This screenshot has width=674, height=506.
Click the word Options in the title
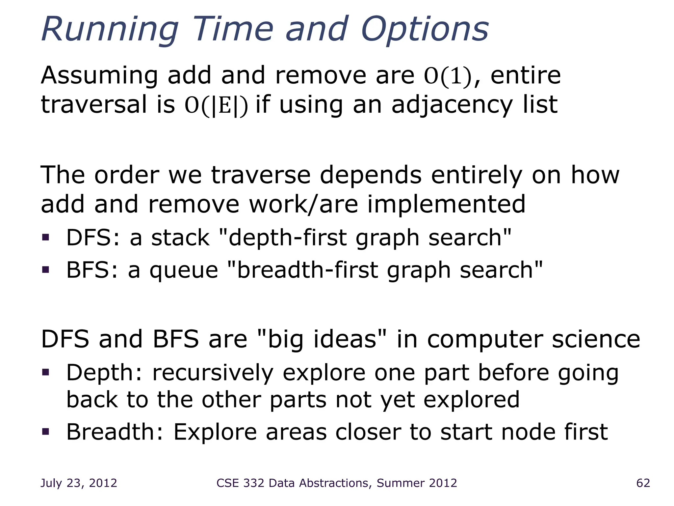pos(425,30)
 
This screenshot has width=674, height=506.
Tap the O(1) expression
pos(448,76)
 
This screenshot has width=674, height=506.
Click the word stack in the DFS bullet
pos(180,238)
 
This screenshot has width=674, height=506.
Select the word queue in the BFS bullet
pos(184,270)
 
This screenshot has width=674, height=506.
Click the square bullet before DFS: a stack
pos(45,237)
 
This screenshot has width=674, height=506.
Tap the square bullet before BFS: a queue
pos(45,270)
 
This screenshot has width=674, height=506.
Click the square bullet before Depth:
pos(45,372)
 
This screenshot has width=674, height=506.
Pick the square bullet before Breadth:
pos(45,431)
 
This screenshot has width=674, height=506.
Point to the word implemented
pos(446,204)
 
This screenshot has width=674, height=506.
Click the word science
pos(596,339)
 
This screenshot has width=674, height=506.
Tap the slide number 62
pos(643,483)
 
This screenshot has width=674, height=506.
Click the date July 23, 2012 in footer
pos(79,483)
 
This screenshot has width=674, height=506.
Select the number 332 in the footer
pos(253,483)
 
